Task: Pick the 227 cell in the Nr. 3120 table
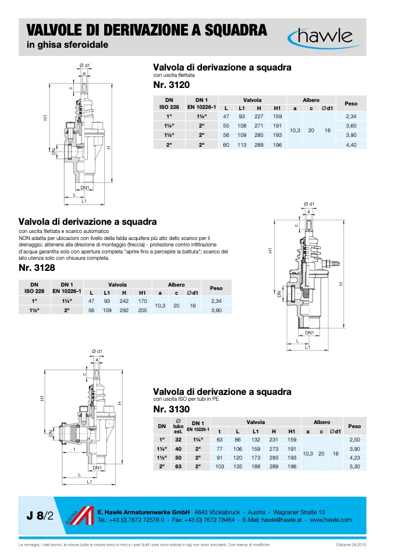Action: (258, 116)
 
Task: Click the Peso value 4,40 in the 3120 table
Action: (351, 144)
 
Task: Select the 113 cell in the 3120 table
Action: (242, 144)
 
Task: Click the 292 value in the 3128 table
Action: (123, 310)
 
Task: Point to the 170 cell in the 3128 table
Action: (142, 301)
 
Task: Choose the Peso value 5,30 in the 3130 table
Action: (351, 467)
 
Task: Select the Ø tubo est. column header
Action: (178, 426)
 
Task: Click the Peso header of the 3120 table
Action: (351, 104)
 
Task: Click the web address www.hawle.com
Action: (331, 520)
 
